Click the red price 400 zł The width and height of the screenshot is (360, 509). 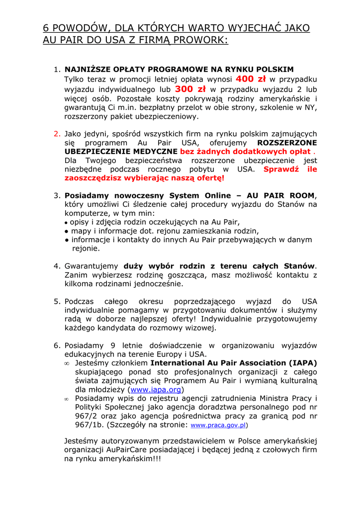click(251, 79)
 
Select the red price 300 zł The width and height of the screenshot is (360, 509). click(190, 89)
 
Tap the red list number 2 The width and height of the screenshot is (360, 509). click(57, 134)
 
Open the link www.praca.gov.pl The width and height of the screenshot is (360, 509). click(218, 425)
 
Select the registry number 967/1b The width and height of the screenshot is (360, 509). click(80, 425)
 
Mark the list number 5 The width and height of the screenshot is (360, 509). click(57, 302)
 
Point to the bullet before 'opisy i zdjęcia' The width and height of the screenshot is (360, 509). click(66, 223)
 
